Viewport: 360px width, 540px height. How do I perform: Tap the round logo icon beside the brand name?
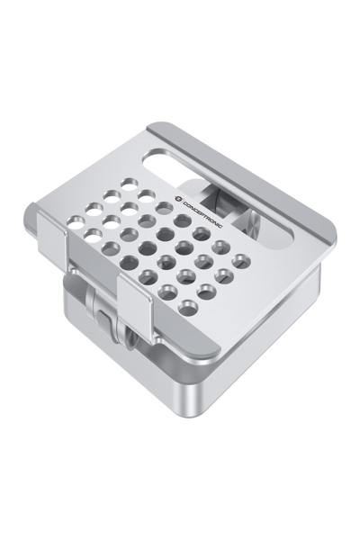click(x=178, y=198)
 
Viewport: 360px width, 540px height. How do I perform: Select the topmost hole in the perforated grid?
click(x=130, y=184)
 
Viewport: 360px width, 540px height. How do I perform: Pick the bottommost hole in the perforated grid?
click(x=188, y=307)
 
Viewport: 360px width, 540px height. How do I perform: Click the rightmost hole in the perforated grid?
click(x=243, y=261)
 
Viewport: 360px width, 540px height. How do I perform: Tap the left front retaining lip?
click(x=51, y=229)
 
